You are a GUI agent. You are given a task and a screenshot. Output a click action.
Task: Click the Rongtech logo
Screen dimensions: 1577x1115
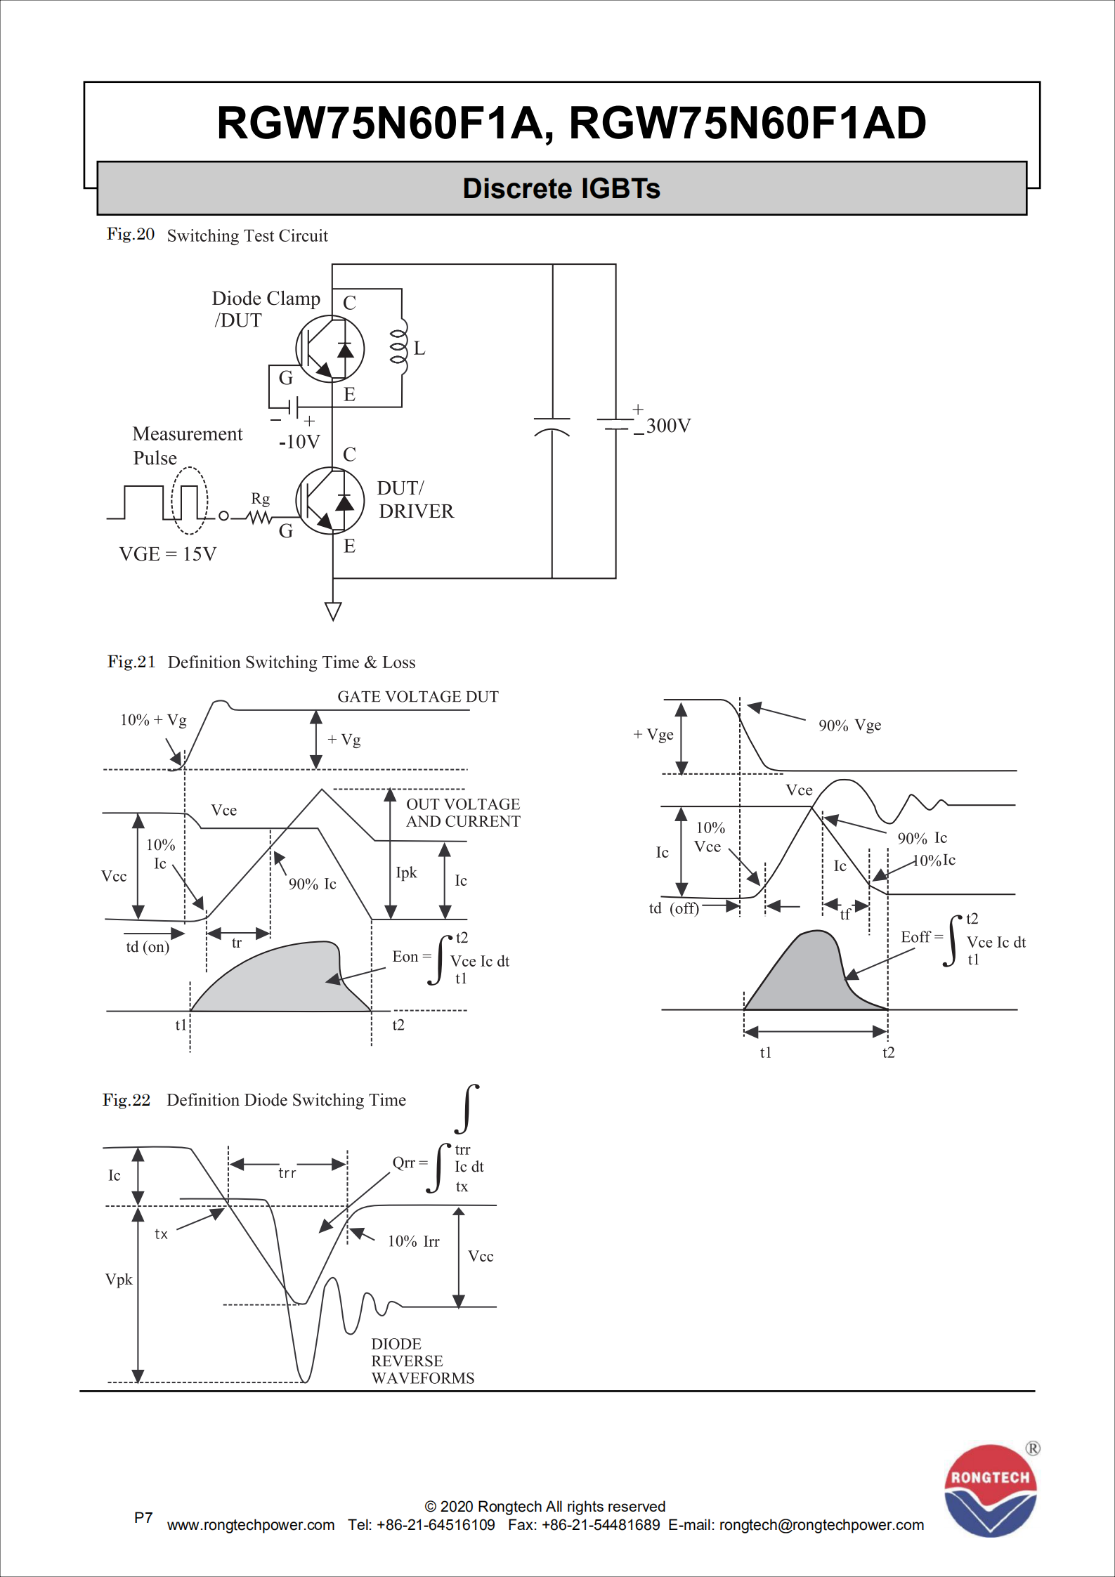click(x=990, y=1490)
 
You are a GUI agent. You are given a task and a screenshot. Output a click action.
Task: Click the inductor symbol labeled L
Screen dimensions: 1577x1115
click(x=398, y=347)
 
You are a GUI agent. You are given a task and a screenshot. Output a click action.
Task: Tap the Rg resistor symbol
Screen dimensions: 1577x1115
click(x=259, y=517)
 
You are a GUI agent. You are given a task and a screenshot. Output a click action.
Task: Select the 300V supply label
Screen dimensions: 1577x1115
click(x=667, y=426)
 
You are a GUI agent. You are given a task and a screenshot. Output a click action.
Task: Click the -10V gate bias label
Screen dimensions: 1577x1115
click(x=299, y=442)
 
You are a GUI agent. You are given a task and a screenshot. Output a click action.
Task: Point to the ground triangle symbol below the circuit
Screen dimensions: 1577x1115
click(x=333, y=611)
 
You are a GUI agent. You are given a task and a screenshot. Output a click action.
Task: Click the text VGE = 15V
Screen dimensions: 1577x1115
click(x=168, y=554)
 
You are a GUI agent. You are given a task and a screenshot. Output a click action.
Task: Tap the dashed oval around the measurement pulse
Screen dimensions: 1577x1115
click(x=190, y=500)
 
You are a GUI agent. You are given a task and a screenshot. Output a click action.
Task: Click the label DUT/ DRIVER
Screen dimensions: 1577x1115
click(x=415, y=499)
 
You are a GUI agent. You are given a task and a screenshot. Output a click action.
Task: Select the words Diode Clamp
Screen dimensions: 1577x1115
click(x=266, y=299)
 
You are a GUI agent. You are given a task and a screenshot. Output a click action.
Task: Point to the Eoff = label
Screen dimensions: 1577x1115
click(x=921, y=937)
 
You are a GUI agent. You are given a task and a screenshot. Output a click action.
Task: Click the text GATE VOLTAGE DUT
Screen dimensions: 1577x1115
click(x=418, y=697)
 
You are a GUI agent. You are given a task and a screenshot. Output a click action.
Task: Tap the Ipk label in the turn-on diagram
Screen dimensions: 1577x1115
click(x=406, y=872)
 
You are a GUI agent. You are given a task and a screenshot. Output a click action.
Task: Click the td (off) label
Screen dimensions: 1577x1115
click(x=674, y=908)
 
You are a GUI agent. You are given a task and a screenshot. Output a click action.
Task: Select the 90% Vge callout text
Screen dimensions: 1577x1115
click(x=849, y=726)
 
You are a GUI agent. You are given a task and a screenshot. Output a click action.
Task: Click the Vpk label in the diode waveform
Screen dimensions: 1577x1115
click(x=119, y=1279)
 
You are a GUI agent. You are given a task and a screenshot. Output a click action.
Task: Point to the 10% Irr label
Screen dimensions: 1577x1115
click(x=413, y=1241)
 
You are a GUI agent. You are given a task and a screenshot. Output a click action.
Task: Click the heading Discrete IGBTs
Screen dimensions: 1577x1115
click(x=561, y=188)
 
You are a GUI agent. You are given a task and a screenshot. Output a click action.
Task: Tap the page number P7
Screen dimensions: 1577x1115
click(x=143, y=1517)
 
